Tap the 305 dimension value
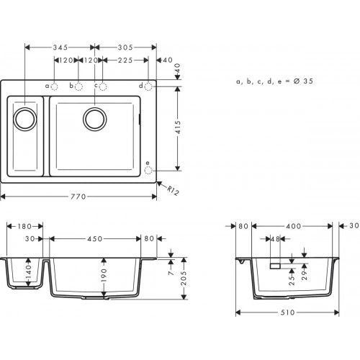[x=123, y=46]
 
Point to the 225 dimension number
[x=125, y=62]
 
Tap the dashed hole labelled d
[x=148, y=86]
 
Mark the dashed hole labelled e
[x=148, y=171]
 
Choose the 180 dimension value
[x=24, y=226]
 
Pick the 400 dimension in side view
[x=293, y=226]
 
